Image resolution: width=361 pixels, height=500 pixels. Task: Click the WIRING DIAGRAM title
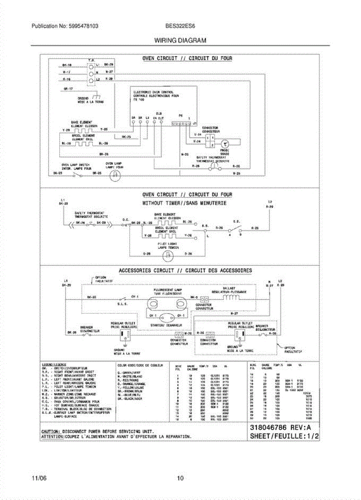point(180,41)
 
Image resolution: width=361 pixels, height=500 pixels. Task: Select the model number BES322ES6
point(180,26)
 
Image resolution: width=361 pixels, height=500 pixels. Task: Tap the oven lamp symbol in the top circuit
point(114,176)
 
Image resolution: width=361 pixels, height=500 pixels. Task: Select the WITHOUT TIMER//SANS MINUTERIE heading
point(184,203)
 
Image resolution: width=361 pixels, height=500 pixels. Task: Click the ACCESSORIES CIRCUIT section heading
point(185,270)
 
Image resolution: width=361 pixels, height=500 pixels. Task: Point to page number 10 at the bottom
point(180,478)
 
